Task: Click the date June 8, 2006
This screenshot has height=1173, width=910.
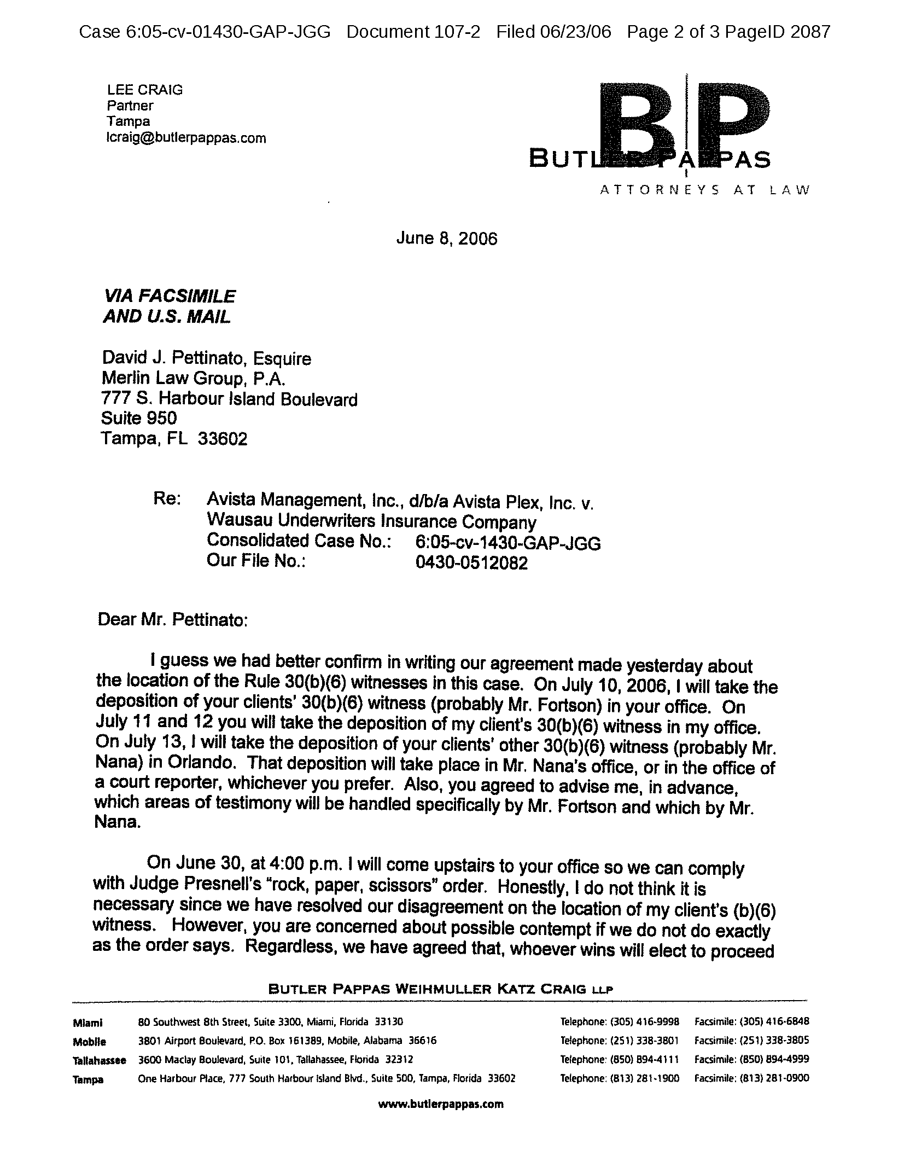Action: pos(447,239)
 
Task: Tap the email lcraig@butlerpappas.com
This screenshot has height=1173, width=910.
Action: pos(186,138)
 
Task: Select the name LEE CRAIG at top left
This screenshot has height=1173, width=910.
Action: pos(144,90)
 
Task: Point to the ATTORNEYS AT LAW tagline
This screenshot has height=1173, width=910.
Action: pos(704,190)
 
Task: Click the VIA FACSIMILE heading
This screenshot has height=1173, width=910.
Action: pos(170,297)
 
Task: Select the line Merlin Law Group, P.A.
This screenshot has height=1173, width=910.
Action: pos(194,379)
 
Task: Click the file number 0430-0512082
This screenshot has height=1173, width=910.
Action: pos(471,563)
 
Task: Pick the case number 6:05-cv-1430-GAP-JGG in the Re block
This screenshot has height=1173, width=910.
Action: pos(508,543)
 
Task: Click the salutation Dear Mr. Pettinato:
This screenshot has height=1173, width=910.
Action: pos(172,620)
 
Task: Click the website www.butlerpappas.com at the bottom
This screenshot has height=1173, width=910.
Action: pos(440,1104)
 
